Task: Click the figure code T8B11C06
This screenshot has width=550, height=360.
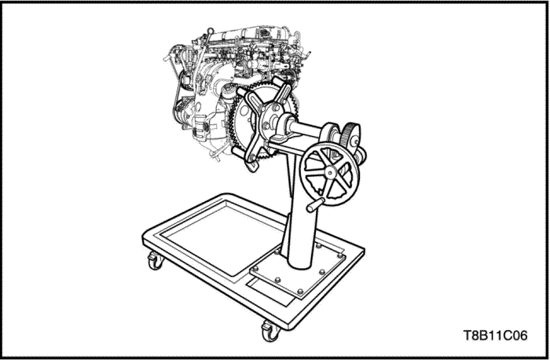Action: [x=495, y=336]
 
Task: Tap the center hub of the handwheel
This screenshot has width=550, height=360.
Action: [x=330, y=172]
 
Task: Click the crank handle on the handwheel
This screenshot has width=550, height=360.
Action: [x=315, y=204]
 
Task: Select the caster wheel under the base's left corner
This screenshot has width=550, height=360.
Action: [x=156, y=261]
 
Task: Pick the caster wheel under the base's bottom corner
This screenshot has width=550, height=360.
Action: [x=270, y=332]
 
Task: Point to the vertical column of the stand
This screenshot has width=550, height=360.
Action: [x=301, y=211]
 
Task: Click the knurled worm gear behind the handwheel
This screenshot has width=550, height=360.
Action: [x=351, y=135]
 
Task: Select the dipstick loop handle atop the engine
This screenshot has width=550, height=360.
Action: [x=210, y=31]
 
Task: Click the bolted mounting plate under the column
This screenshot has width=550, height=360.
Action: [x=298, y=269]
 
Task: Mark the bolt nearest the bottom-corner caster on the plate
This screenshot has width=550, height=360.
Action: [x=300, y=292]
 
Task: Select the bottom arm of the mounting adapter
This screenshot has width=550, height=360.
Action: [x=253, y=157]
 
